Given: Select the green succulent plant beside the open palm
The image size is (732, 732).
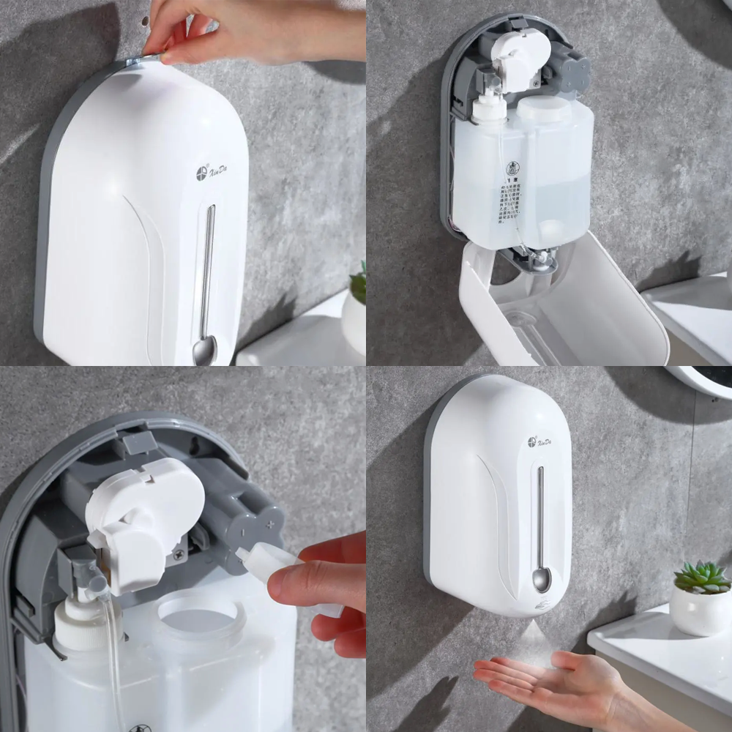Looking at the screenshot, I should coord(701,577).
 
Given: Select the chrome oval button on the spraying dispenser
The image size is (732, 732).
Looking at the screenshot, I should coord(541,580).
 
